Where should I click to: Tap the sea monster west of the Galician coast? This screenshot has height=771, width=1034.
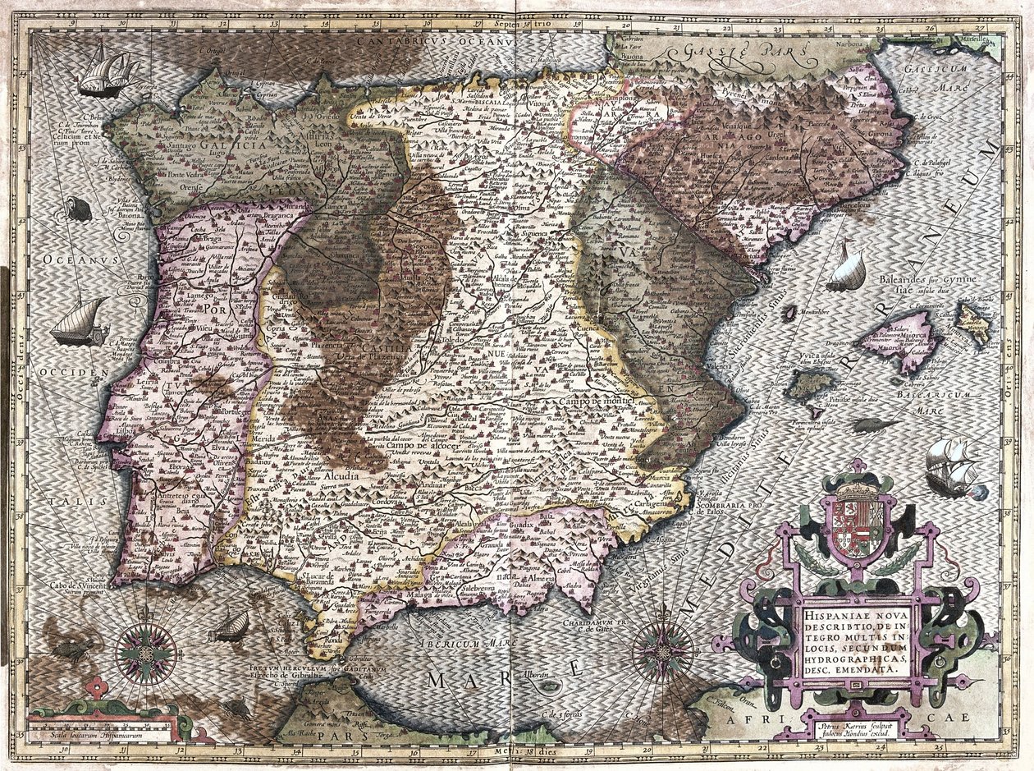click(x=79, y=209)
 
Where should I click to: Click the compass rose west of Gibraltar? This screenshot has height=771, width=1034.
click(x=146, y=653)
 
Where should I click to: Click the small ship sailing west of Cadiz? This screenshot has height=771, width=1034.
click(x=231, y=626)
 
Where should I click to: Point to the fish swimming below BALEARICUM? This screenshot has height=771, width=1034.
click(x=872, y=425)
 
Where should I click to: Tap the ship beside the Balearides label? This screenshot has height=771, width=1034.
click(x=848, y=270)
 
